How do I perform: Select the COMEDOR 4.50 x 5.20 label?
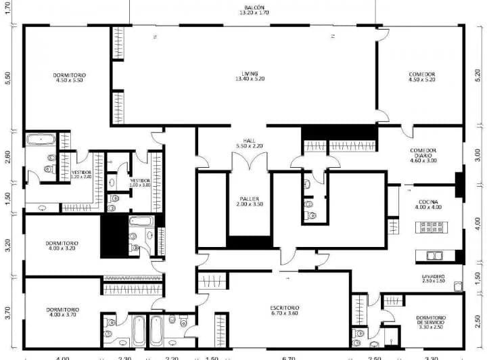point(421,76)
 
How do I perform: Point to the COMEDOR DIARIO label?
point(423,154)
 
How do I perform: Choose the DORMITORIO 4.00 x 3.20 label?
point(62,245)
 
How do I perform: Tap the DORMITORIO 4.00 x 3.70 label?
point(62,312)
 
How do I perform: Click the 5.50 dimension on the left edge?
point(8,77)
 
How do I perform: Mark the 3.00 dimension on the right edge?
point(478,154)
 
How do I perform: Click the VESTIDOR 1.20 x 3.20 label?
point(81,175)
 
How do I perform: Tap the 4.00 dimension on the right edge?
point(478,221)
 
